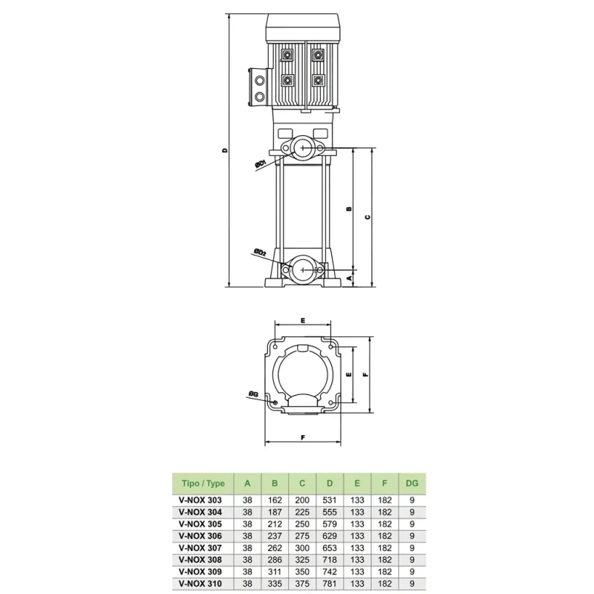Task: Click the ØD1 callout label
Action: point(261,163)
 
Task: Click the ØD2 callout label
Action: point(261,252)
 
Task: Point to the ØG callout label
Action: point(253,394)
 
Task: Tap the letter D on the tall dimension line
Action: point(225,151)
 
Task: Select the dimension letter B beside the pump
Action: point(349,209)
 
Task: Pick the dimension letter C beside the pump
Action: point(367,217)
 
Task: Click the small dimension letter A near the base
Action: point(350,278)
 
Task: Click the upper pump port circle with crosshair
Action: point(303,147)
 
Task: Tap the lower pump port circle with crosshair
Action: point(303,270)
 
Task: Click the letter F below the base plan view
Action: point(303,437)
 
